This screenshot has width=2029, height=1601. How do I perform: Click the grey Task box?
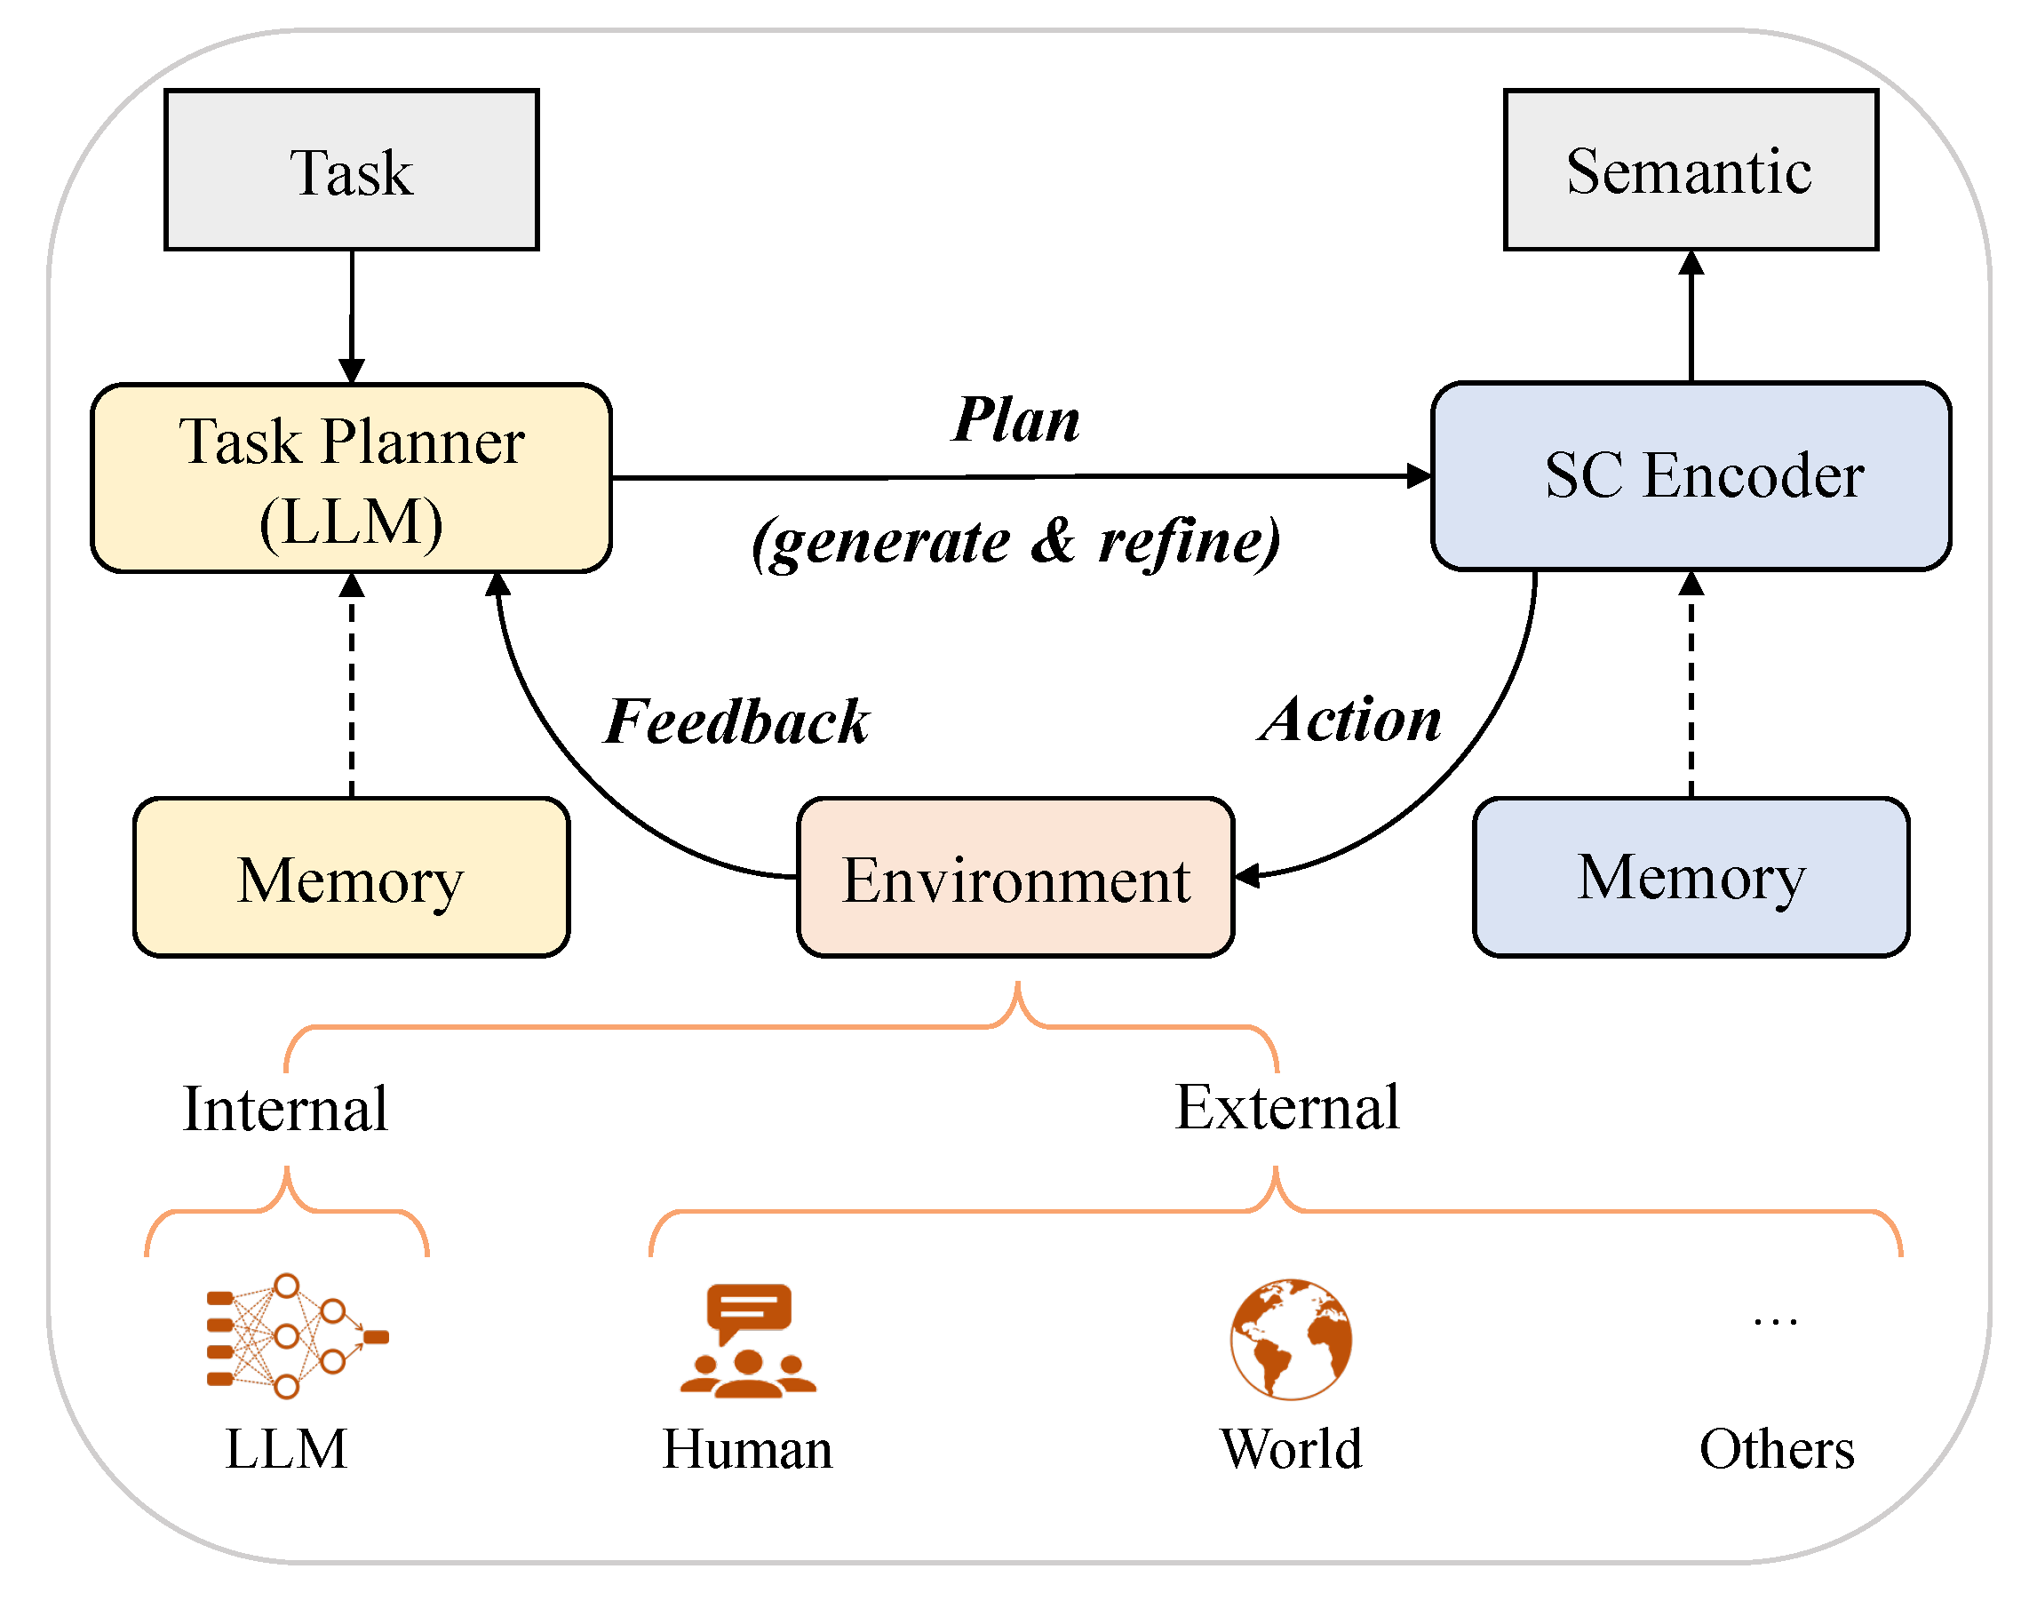pyautogui.click(x=352, y=170)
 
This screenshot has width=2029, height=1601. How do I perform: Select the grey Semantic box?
pyautogui.click(x=1690, y=170)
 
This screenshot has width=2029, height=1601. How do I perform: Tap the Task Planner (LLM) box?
pyautogui.click(x=352, y=478)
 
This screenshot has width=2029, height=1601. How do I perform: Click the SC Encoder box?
pyautogui.click(x=1690, y=476)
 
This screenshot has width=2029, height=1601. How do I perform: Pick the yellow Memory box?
pyautogui.click(x=352, y=878)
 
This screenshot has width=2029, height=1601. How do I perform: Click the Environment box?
pyautogui.click(x=1015, y=878)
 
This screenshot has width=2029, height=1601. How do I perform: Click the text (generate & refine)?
pyautogui.click(x=1016, y=542)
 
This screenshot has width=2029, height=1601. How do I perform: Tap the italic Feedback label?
pyautogui.click(x=736, y=721)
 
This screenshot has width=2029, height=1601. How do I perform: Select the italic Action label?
pyautogui.click(x=1349, y=720)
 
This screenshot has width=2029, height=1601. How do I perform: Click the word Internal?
pyautogui.click(x=285, y=1109)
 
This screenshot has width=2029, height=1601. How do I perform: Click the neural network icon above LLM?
pyautogui.click(x=296, y=1335)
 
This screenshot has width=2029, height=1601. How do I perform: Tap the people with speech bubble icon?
pyautogui.click(x=748, y=1341)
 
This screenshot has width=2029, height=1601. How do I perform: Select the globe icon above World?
pyautogui.click(x=1291, y=1339)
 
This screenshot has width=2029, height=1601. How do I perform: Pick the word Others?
pyautogui.click(x=1776, y=1449)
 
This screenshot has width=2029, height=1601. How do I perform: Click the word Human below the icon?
pyautogui.click(x=747, y=1449)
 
